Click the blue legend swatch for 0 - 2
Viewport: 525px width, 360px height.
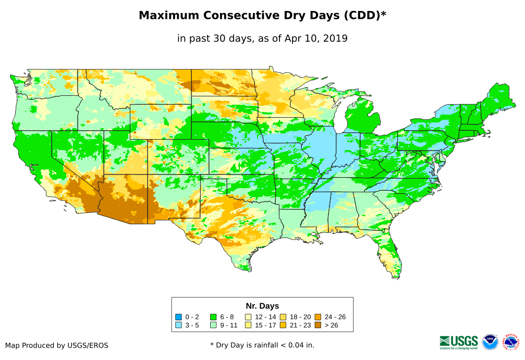(x=178, y=317)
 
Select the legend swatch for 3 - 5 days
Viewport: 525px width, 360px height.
(x=178, y=325)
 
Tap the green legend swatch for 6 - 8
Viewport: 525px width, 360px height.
(x=213, y=317)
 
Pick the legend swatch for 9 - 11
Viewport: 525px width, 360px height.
(x=213, y=325)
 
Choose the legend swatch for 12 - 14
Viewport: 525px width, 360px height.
(x=248, y=317)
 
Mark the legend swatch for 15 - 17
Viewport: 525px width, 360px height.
(x=248, y=325)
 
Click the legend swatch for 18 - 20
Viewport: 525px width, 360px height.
(x=283, y=317)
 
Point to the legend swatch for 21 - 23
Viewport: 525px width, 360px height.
(x=283, y=325)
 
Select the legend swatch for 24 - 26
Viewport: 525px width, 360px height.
(x=318, y=317)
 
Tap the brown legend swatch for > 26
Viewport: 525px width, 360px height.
(x=318, y=325)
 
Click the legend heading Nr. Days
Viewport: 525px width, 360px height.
(x=262, y=306)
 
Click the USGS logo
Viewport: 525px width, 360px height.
(x=459, y=342)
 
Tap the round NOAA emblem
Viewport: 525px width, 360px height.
(x=490, y=342)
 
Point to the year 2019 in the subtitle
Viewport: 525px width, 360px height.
(x=335, y=38)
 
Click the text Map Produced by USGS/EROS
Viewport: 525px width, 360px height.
(x=57, y=345)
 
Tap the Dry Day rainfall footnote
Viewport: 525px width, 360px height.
(x=262, y=345)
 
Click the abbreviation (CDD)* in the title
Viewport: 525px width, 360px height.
(x=364, y=16)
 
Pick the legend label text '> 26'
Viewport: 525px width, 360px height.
(x=331, y=325)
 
